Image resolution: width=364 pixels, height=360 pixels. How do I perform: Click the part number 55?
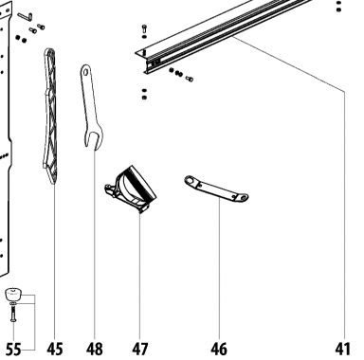(x=13, y=350)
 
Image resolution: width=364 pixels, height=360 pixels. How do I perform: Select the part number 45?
(x=55, y=350)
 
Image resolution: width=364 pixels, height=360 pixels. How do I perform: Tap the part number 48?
(x=95, y=350)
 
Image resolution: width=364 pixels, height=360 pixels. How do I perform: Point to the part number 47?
(x=139, y=350)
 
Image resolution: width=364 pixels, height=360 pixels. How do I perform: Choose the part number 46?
(x=219, y=350)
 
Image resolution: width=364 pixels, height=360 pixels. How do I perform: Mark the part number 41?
(x=343, y=350)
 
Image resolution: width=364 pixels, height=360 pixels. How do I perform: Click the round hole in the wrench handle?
(x=85, y=72)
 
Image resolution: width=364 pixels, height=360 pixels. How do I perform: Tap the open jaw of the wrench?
(x=93, y=140)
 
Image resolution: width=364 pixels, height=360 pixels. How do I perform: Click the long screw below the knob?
(x=13, y=314)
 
